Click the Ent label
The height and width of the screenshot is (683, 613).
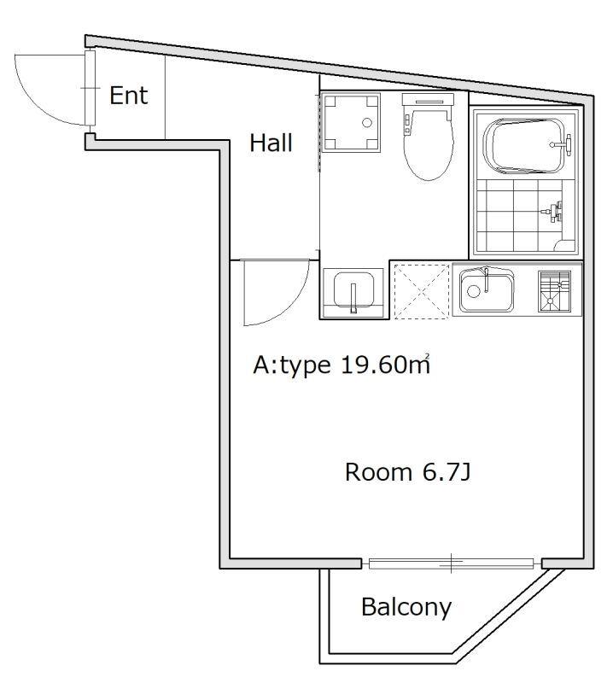click(129, 95)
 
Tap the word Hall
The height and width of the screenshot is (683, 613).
click(271, 143)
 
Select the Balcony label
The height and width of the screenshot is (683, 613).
click(406, 607)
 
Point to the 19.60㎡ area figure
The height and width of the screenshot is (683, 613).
click(384, 366)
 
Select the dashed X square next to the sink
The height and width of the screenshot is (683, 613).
click(420, 291)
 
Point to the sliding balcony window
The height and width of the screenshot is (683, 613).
click(451, 563)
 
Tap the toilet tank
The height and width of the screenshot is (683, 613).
click(427, 104)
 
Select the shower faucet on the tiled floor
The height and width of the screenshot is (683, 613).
click(556, 208)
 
